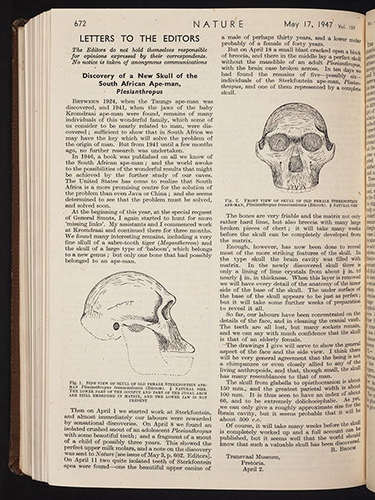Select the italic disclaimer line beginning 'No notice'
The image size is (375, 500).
coord(131,71)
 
